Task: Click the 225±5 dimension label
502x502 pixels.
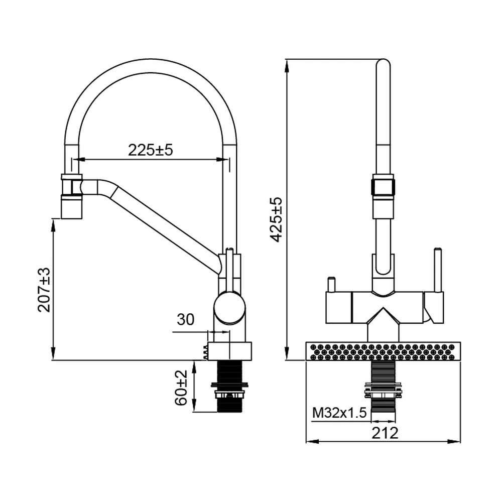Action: pos(150,150)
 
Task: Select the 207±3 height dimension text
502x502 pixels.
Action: pos(44,290)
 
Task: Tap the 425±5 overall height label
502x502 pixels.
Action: pos(276,220)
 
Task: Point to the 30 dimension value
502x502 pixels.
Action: pos(185,319)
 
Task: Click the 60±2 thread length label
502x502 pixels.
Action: pos(181,388)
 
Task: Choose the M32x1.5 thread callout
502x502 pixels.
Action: pos(339,413)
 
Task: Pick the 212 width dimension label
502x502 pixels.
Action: pos(385,433)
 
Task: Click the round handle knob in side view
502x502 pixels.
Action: pos(229,307)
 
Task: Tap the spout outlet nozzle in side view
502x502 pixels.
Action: pos(72,208)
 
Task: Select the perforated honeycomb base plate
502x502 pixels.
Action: pos(383,351)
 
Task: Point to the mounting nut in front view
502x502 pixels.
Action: pos(383,390)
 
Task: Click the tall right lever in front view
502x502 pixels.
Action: pos(438,270)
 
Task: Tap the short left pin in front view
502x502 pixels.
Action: pos(331,284)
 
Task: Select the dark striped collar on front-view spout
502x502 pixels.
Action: pos(383,187)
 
